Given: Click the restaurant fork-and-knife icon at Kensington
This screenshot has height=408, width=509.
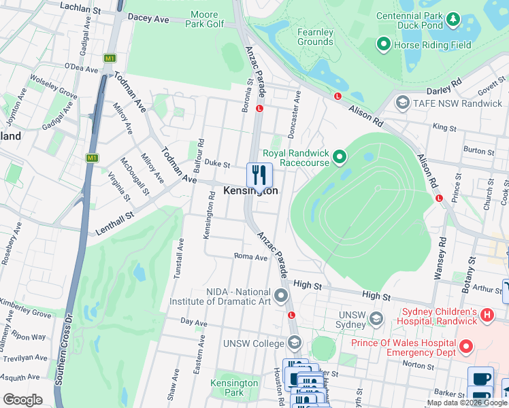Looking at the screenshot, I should [259, 175].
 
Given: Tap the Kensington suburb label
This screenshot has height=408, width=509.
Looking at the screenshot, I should [250, 191].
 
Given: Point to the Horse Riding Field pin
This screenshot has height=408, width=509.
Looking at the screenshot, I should [383, 46].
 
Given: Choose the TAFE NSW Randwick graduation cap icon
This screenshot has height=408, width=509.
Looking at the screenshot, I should [402, 103].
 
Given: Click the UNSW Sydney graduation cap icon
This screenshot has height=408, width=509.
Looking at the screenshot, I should [375, 318].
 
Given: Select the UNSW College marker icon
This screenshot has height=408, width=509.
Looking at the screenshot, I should [295, 342].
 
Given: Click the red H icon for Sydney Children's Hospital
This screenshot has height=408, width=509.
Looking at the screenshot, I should [487, 315].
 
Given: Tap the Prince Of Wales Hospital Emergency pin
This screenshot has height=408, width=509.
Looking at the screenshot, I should [466, 347].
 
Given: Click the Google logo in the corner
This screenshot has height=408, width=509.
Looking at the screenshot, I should [22, 400].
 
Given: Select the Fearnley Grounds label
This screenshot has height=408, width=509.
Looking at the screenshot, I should [315, 37].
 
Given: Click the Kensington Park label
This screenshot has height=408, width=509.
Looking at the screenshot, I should [234, 388].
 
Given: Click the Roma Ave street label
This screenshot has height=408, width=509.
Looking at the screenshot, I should [251, 258].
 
